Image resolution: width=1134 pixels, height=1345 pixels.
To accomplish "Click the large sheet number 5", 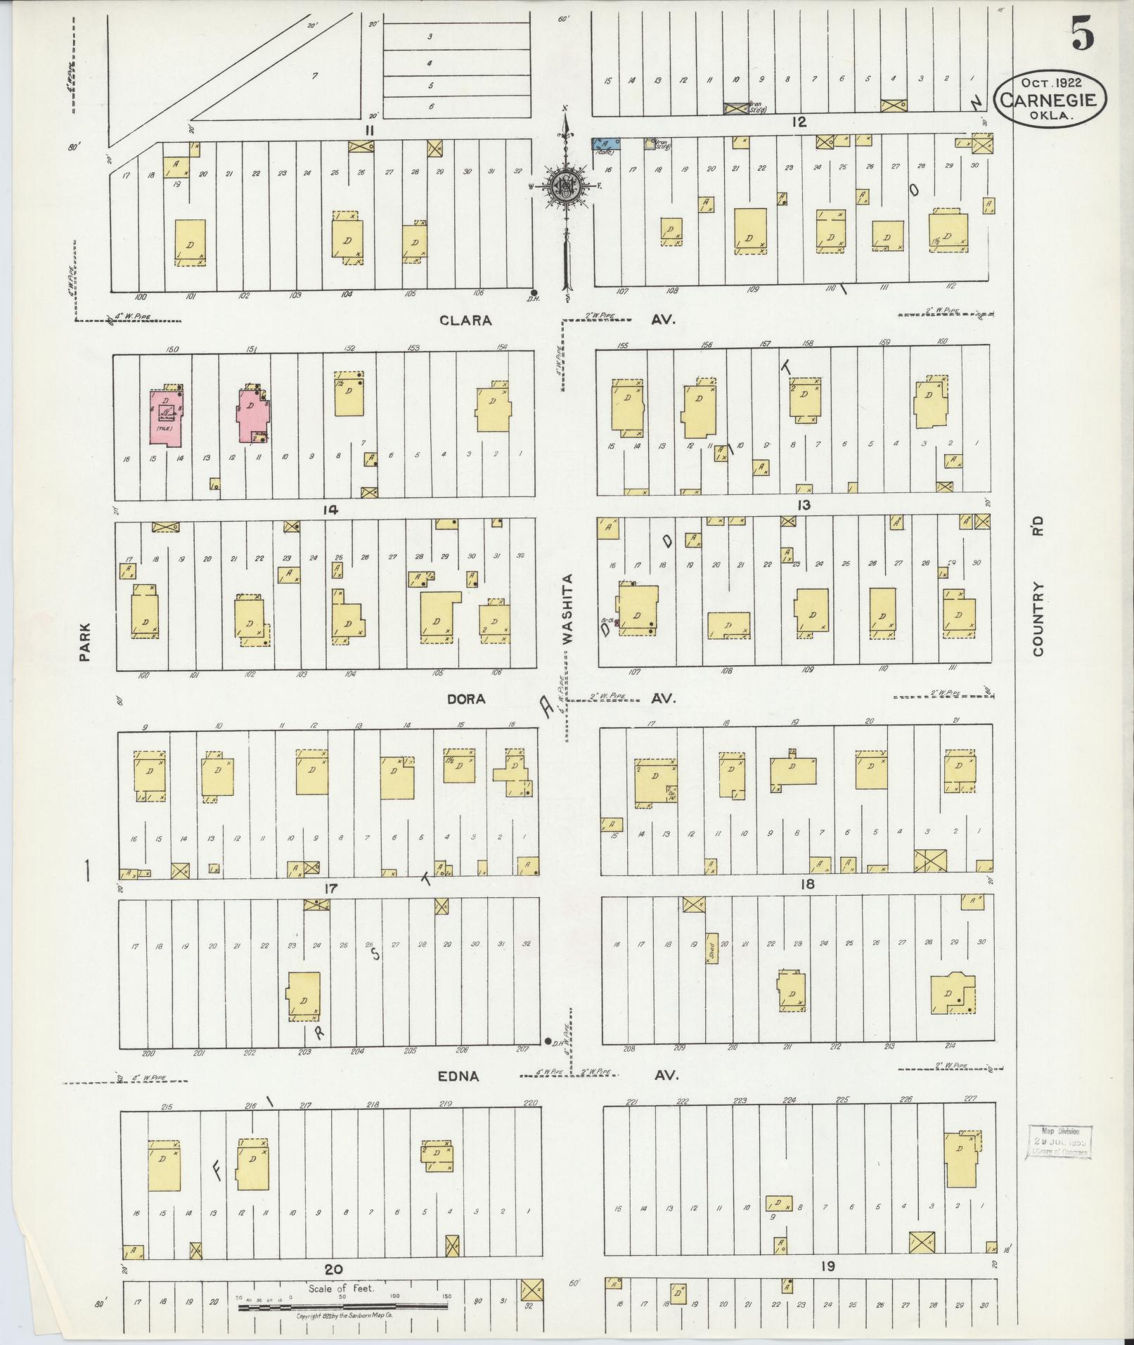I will click(1083, 34).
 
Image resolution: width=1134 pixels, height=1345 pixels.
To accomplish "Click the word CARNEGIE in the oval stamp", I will click(1049, 99).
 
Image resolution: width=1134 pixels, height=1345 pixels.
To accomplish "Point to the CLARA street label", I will click(465, 320).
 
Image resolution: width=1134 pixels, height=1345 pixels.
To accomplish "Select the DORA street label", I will click(467, 699).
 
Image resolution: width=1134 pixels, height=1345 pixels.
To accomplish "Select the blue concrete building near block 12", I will click(604, 145).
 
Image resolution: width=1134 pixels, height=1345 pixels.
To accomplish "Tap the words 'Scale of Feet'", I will click(341, 1288).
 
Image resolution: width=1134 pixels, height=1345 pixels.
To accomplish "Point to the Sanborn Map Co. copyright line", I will click(343, 1315).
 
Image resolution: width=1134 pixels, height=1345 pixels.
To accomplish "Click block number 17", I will click(331, 888).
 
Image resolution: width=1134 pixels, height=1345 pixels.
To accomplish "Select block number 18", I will click(806, 884).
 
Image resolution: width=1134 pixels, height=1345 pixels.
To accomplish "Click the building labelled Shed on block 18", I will click(711, 947).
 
